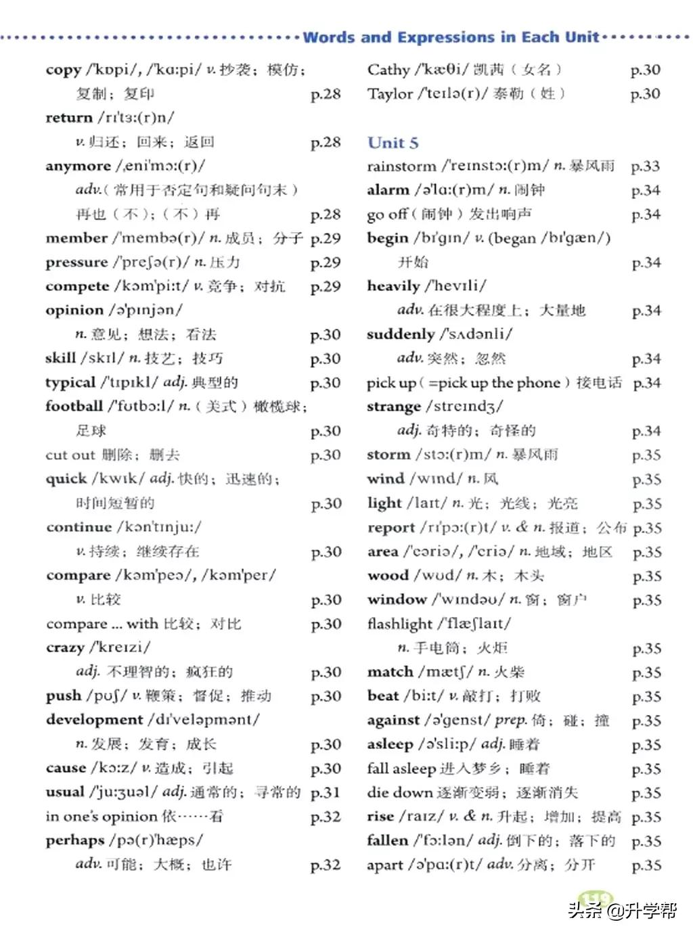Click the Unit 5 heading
click(393, 143)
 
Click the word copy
click(63, 70)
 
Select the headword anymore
click(78, 166)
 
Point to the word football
click(74, 406)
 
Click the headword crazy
click(65, 647)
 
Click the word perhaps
click(74, 840)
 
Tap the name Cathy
click(388, 70)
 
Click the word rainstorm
click(401, 166)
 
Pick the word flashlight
click(399, 624)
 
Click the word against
click(393, 720)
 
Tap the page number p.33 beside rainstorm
click(645, 166)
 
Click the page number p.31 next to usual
click(325, 792)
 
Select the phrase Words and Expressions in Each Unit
click(451, 37)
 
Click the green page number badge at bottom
click(596, 899)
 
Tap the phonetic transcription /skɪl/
click(102, 358)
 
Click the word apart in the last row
click(385, 865)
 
